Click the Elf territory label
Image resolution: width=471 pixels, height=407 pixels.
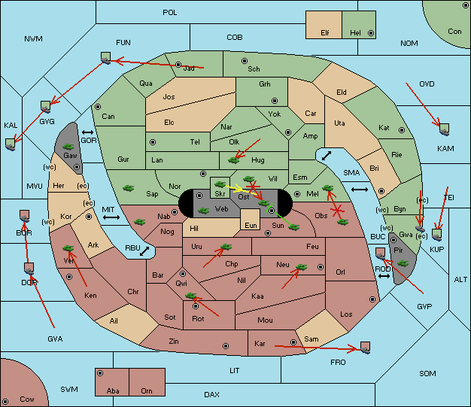point(325,33)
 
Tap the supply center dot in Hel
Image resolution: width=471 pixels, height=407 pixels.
point(371,33)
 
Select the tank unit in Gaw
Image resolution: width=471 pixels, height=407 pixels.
point(68,147)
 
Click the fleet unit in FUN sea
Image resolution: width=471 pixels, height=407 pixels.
point(106,58)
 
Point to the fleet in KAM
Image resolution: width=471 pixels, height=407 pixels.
point(444,129)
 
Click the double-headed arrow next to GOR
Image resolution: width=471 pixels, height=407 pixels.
point(88,132)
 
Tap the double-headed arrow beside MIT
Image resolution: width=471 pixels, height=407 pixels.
point(111,217)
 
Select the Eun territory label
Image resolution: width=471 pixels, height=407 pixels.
point(251,225)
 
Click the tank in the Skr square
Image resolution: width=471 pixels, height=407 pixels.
point(220,184)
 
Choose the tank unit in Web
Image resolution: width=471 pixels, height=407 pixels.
point(203,211)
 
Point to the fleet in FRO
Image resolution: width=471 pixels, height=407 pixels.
point(365,348)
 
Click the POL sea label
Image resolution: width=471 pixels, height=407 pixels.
point(170,13)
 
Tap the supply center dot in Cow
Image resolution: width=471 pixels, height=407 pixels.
point(5,402)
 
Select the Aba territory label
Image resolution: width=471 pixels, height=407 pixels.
point(113,390)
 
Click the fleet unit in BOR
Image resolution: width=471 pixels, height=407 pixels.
point(24,216)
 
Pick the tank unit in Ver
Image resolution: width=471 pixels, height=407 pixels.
point(68,248)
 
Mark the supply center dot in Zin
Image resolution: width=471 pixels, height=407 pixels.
point(226,346)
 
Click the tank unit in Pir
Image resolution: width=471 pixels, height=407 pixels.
point(403,263)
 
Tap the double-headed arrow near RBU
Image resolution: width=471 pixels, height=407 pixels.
point(144,251)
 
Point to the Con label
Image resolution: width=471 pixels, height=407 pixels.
point(454,32)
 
